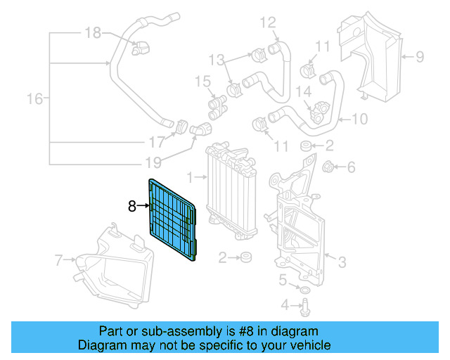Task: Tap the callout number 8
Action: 131,206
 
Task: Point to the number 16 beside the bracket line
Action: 34,99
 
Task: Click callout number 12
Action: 269,23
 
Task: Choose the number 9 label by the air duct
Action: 419,56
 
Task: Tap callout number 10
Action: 359,119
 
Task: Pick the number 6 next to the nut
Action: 352,167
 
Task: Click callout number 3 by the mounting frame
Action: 342,263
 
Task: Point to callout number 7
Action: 60,261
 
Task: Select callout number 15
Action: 202,82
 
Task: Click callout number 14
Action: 303,90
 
